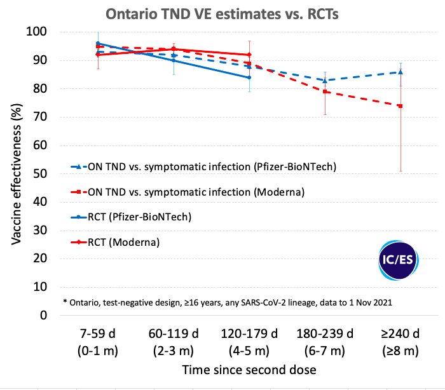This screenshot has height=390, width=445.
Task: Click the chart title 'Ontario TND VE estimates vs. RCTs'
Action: (x=222, y=13)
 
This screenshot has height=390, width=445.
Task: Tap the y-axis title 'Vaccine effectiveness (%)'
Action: (x=17, y=173)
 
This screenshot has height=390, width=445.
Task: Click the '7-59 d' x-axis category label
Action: (x=97, y=335)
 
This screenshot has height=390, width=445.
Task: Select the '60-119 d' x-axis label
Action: (x=174, y=335)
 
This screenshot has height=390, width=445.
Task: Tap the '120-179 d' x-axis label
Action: (x=249, y=335)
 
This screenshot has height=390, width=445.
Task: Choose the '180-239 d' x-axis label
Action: (x=325, y=335)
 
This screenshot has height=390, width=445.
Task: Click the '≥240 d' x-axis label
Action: (x=400, y=335)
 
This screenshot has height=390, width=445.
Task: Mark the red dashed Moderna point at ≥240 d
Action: (x=400, y=105)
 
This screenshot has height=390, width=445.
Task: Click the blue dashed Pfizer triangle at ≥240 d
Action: (x=400, y=72)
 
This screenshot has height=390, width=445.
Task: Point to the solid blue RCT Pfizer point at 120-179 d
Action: (x=249, y=77)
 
